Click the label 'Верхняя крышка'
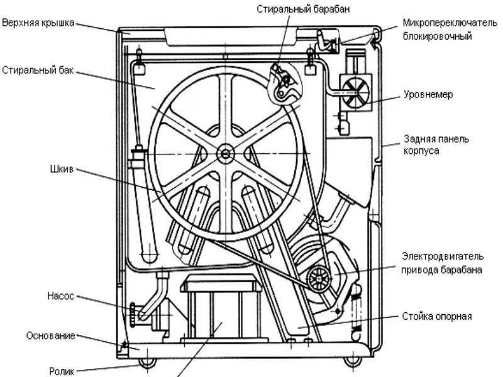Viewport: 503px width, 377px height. pos(38,23)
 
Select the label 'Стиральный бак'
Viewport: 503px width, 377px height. pos(38,70)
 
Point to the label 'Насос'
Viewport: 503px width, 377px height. pos(61,294)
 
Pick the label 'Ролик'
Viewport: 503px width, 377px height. pos(62,371)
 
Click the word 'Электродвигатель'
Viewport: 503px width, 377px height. pos(443,257)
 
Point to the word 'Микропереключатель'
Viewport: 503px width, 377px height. pos(451,24)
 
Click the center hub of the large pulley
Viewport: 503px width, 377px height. pos(224,153)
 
